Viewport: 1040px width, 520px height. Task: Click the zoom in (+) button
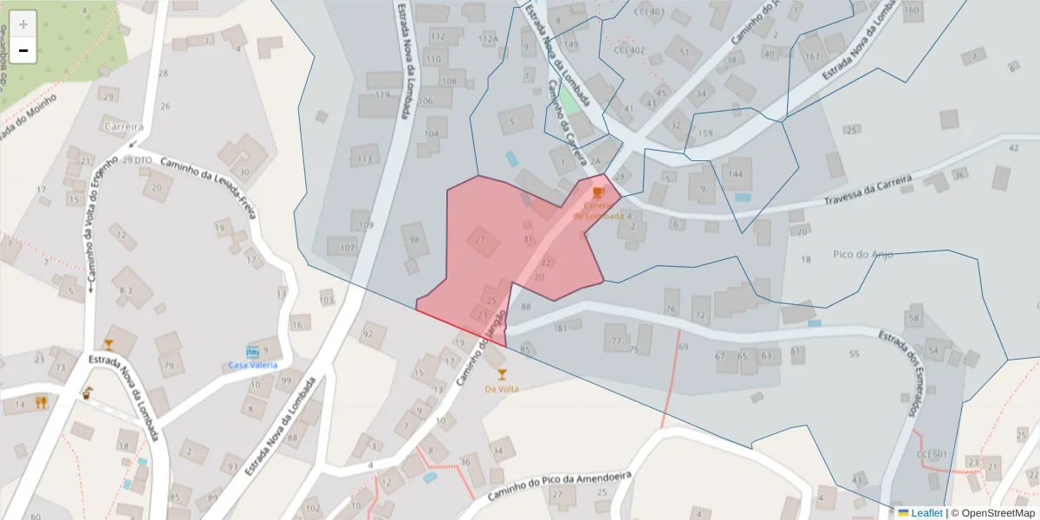[23, 24]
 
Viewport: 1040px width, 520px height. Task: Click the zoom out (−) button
[23, 51]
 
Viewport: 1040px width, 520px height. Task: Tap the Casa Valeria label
[253, 365]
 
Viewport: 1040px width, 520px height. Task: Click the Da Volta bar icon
[502, 374]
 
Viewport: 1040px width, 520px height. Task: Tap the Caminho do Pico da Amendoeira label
[560, 488]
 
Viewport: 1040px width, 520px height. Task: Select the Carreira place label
[123, 127]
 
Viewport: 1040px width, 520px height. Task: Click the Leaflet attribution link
[926, 513]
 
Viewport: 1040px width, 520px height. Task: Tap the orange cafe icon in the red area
[598, 192]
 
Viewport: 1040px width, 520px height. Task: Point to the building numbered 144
[737, 172]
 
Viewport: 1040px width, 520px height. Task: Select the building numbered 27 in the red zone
[481, 240]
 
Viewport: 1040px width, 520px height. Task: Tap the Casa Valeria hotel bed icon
[253, 352]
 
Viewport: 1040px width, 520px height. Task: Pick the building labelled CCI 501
[932, 455]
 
